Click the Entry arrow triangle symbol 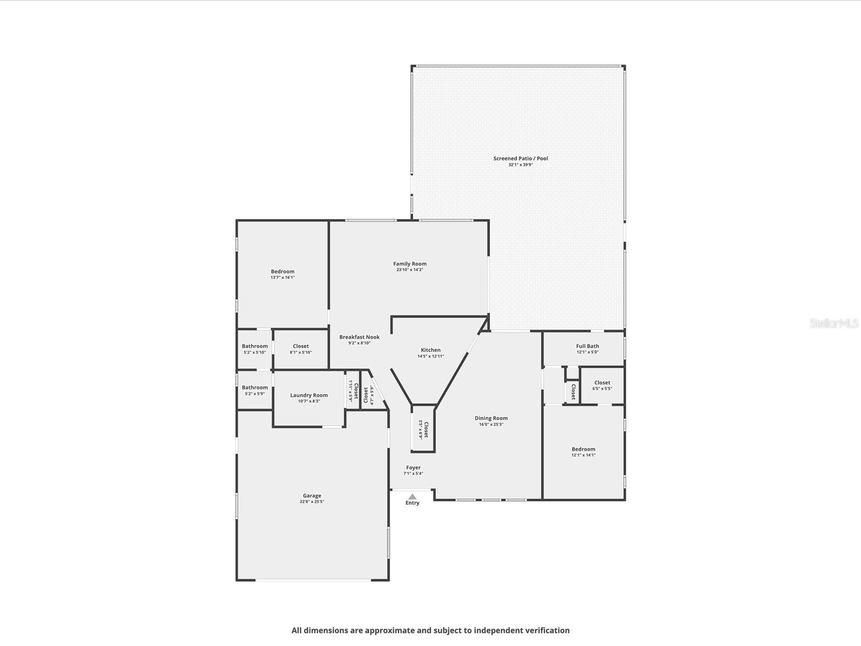[x=412, y=496]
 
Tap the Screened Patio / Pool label [x=520, y=158]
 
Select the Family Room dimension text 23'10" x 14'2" [x=410, y=270]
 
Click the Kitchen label [x=430, y=350]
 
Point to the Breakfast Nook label [x=359, y=337]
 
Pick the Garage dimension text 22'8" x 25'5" [x=312, y=502]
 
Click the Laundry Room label [x=309, y=395]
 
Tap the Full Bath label [x=587, y=346]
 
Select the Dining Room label [x=491, y=418]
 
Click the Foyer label [x=413, y=467]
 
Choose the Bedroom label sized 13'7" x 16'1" [x=283, y=271]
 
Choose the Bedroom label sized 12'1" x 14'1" [x=583, y=449]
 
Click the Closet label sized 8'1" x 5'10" [x=301, y=346]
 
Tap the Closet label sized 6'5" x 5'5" [x=602, y=383]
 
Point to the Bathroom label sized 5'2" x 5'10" [x=255, y=346]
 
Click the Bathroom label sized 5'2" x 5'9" [x=255, y=387]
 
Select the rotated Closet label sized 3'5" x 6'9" [x=426, y=429]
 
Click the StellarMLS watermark [x=834, y=324]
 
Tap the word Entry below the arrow [x=412, y=503]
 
